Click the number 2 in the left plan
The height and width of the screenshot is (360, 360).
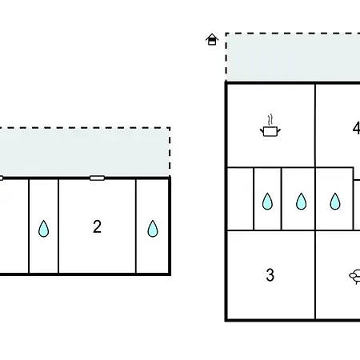98,226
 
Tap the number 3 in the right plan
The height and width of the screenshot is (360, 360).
270,275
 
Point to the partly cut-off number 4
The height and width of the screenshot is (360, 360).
356,129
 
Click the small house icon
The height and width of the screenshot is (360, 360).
212,39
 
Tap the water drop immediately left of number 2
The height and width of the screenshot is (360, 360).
43,229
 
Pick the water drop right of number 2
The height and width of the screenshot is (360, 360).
153,229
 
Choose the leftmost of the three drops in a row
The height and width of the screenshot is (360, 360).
267,202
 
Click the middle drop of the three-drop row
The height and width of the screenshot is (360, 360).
302,202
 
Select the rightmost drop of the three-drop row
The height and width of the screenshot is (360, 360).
335,202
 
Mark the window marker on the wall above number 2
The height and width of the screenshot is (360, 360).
97,178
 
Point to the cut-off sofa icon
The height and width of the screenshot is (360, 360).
355,277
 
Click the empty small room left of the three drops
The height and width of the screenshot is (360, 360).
240,199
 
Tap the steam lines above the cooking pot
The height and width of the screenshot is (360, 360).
270,119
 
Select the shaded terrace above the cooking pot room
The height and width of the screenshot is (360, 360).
294,58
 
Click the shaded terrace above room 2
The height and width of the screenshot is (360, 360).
85,152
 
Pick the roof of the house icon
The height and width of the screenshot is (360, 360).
212,37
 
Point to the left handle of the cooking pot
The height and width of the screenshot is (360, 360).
262,130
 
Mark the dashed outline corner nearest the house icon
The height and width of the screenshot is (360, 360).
226,34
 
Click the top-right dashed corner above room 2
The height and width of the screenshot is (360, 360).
170,128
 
